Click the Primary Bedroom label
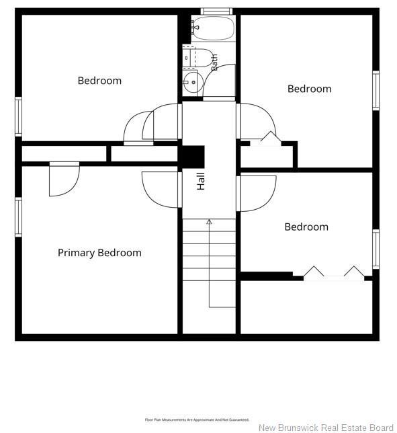(x=99, y=253)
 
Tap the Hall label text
(x=201, y=181)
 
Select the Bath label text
(x=214, y=62)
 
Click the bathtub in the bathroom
(x=213, y=28)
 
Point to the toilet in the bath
(x=197, y=58)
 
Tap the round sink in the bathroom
(x=193, y=82)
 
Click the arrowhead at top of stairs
(x=210, y=221)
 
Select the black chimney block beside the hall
(x=193, y=157)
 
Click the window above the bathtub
(x=216, y=11)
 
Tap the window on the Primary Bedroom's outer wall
(x=18, y=217)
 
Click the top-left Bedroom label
(x=99, y=81)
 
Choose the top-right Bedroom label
(x=310, y=89)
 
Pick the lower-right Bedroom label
(x=306, y=227)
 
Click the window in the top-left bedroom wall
(x=18, y=116)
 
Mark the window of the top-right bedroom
(x=376, y=91)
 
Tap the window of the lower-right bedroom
(x=376, y=249)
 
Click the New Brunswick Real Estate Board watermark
(x=326, y=428)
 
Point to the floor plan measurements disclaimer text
(x=197, y=420)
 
